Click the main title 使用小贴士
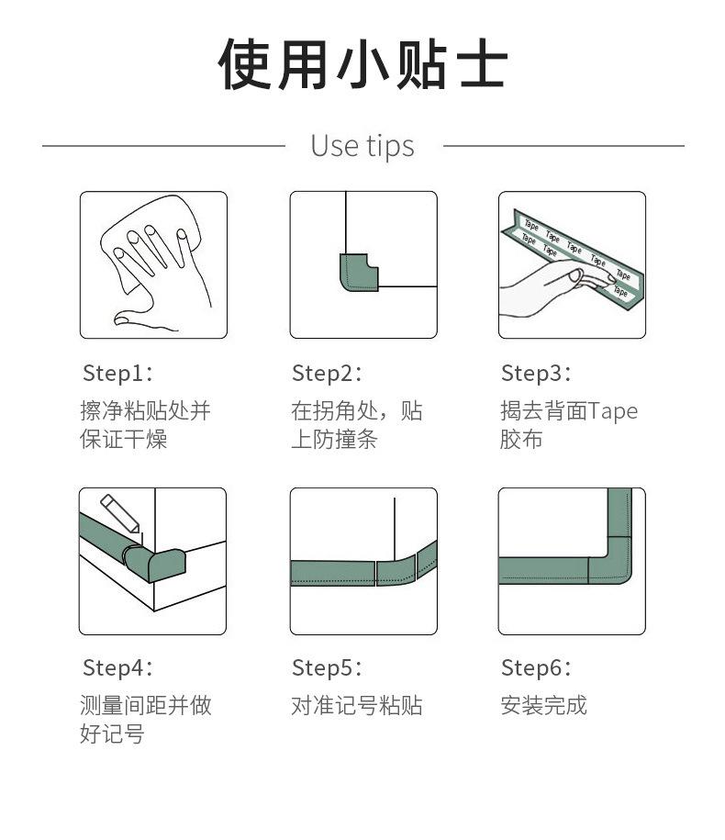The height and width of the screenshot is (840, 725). (x=362, y=64)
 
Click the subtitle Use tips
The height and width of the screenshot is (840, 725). (x=362, y=146)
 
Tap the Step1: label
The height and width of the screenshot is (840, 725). (x=117, y=374)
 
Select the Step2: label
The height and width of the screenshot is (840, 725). (x=327, y=374)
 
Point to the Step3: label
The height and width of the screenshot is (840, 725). (x=536, y=374)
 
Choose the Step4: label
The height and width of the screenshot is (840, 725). (x=117, y=668)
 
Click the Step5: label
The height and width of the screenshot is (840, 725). (x=327, y=668)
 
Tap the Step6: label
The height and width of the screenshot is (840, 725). (x=536, y=668)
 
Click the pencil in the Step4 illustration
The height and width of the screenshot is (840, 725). (x=120, y=513)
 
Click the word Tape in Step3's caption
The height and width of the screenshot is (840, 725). (x=612, y=411)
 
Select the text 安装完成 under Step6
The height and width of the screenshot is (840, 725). (x=543, y=706)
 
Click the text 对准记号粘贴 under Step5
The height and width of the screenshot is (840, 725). (x=357, y=706)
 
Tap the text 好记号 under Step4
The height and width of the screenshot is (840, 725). (x=112, y=734)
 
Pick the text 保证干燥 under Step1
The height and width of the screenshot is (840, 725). (x=123, y=440)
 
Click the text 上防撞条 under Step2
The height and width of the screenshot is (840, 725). (x=334, y=440)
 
